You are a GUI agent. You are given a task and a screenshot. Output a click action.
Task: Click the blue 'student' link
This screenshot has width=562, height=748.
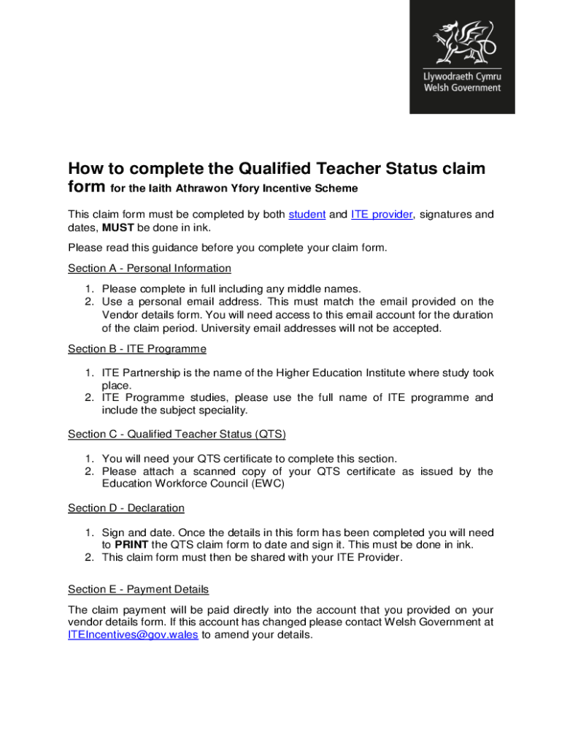[307, 215]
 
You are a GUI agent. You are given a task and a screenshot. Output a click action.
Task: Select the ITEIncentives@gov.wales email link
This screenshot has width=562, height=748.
[133, 635]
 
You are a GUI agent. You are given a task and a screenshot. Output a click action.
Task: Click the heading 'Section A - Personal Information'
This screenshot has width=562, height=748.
[150, 268]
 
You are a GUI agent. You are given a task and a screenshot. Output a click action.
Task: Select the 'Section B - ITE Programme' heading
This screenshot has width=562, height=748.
[137, 349]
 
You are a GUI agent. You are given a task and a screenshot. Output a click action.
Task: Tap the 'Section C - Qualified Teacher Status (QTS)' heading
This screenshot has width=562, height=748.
[177, 434]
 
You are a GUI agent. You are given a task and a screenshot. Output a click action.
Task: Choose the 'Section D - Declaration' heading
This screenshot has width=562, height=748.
[126, 508]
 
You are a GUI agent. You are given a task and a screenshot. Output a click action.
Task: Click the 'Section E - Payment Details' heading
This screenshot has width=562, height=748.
[139, 589]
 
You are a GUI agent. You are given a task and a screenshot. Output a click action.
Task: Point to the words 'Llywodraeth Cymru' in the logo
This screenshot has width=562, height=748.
[462, 77]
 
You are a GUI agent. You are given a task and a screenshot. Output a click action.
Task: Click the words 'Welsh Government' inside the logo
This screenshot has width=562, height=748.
[462, 88]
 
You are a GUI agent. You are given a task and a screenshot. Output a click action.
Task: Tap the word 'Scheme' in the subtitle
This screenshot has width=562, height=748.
[339, 188]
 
